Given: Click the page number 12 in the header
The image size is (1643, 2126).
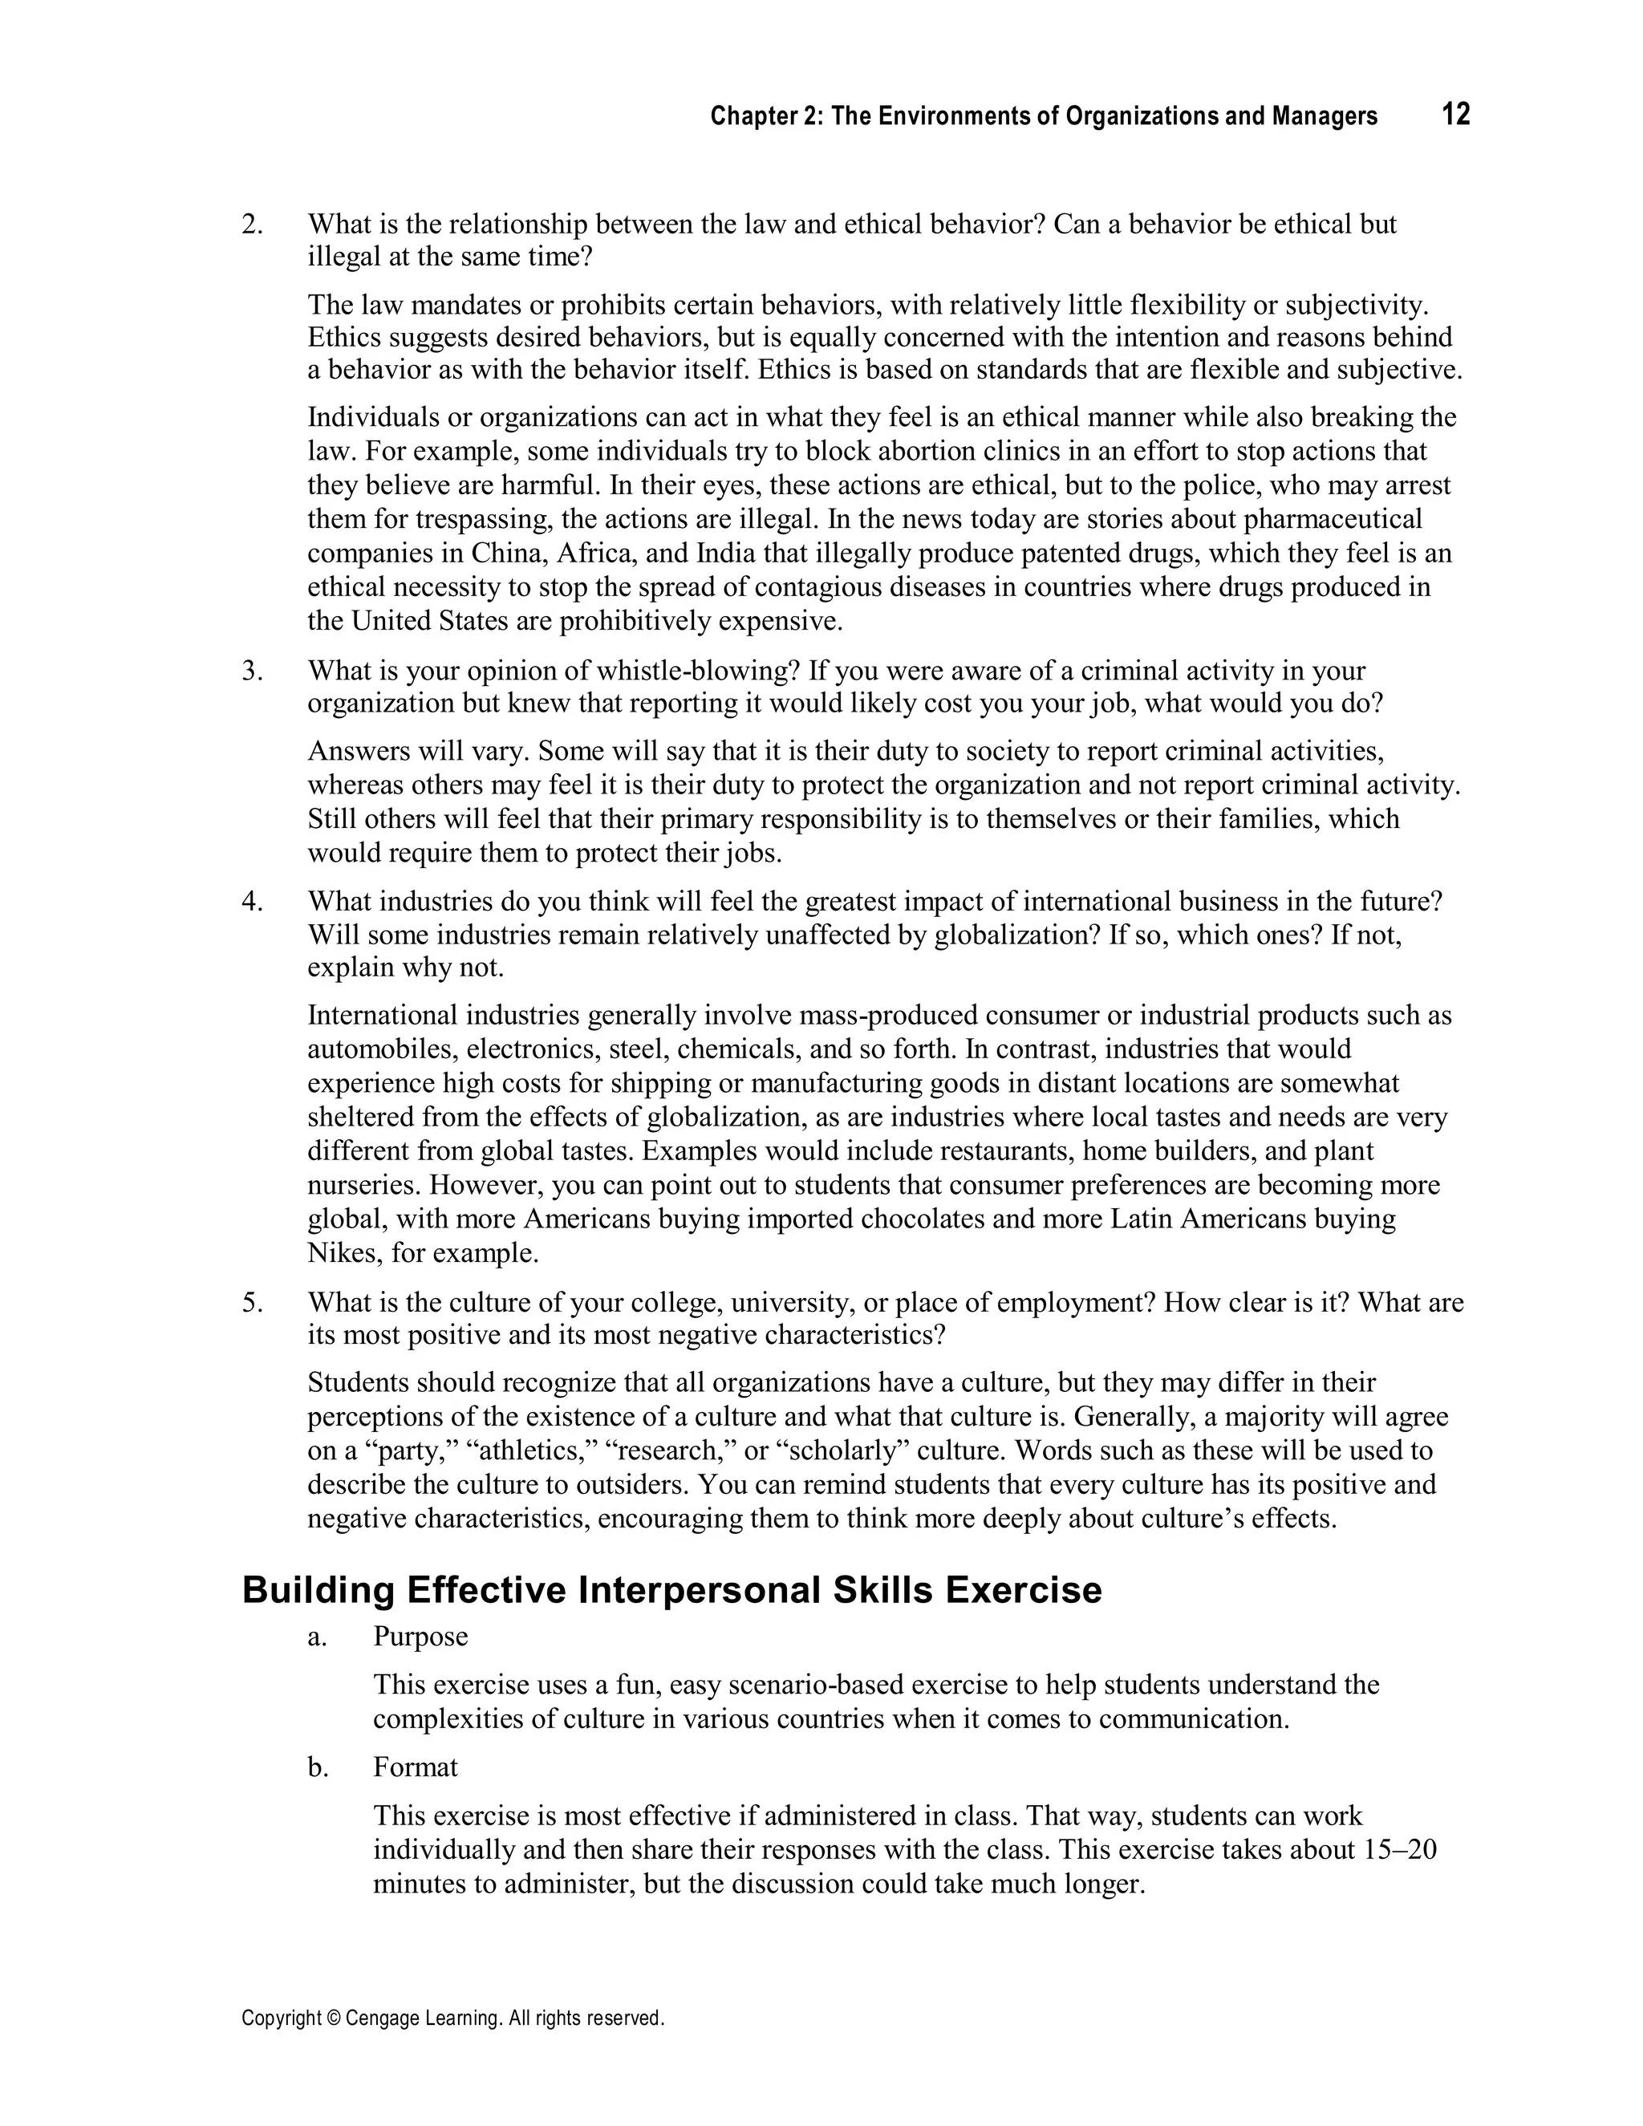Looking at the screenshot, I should (1455, 115).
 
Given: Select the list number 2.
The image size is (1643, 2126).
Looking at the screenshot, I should (252, 225).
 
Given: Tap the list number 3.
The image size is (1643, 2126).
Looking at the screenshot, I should (252, 671).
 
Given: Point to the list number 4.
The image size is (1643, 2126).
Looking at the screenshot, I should (252, 902).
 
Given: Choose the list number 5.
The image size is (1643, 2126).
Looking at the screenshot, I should (252, 1302).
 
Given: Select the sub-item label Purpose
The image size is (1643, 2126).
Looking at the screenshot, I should (420, 1637).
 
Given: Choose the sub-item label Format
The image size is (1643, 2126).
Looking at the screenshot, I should (415, 1767).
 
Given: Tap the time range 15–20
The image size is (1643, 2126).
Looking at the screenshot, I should (1401, 1849).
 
